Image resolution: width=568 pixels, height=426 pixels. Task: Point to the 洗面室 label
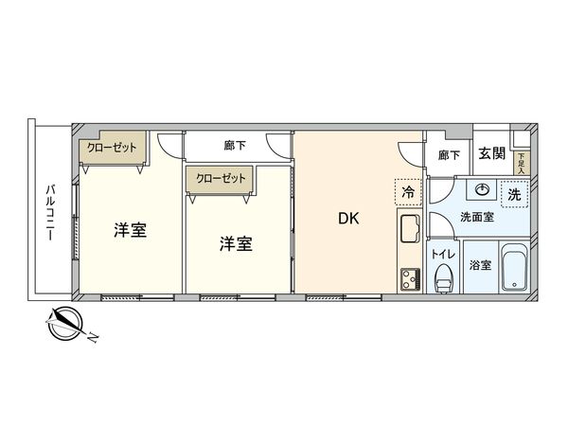point(476,218)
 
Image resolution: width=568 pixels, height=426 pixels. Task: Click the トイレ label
point(442,254)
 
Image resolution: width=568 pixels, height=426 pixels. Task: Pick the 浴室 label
point(480,266)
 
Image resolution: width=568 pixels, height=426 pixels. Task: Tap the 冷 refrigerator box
point(408,193)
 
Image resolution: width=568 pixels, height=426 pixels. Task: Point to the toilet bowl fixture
point(442,277)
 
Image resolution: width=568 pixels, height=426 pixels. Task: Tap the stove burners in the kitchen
point(410,278)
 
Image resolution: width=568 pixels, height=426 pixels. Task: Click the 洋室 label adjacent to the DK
point(236,243)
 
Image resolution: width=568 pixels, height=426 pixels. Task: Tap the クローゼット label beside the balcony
point(111,148)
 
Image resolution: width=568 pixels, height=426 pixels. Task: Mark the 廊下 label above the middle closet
point(237,147)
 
